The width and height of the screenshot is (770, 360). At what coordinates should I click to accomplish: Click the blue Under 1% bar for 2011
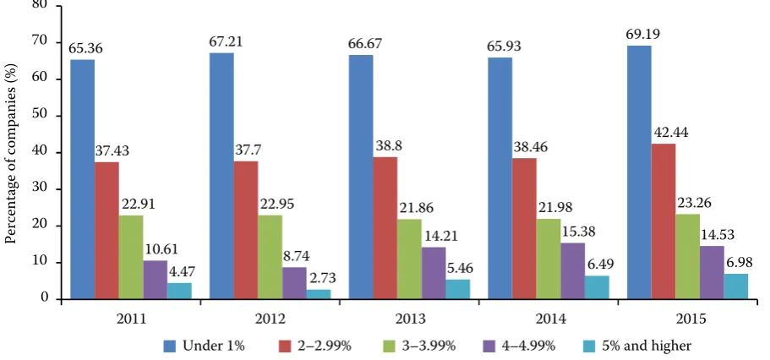point(83,179)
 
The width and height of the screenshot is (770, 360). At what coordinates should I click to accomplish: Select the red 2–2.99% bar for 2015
point(663,221)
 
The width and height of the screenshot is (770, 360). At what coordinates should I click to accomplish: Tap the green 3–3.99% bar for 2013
point(409,259)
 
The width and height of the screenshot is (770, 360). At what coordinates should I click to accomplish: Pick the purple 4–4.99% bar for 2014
point(572,271)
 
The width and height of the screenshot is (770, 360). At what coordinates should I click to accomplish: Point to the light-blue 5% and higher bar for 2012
point(319,294)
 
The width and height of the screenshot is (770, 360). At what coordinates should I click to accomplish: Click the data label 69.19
point(643,35)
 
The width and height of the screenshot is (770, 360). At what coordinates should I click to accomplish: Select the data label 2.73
point(322,279)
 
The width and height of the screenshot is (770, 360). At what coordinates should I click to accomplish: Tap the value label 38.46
point(530,147)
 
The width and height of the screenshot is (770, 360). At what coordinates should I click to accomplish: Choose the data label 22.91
point(138,204)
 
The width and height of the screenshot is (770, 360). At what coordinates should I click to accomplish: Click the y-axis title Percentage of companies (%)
point(11,154)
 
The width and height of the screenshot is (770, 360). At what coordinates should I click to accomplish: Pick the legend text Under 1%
point(214,346)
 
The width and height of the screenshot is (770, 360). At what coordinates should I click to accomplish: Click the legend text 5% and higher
point(646,346)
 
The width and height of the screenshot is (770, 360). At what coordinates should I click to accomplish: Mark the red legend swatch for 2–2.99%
point(284,346)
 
